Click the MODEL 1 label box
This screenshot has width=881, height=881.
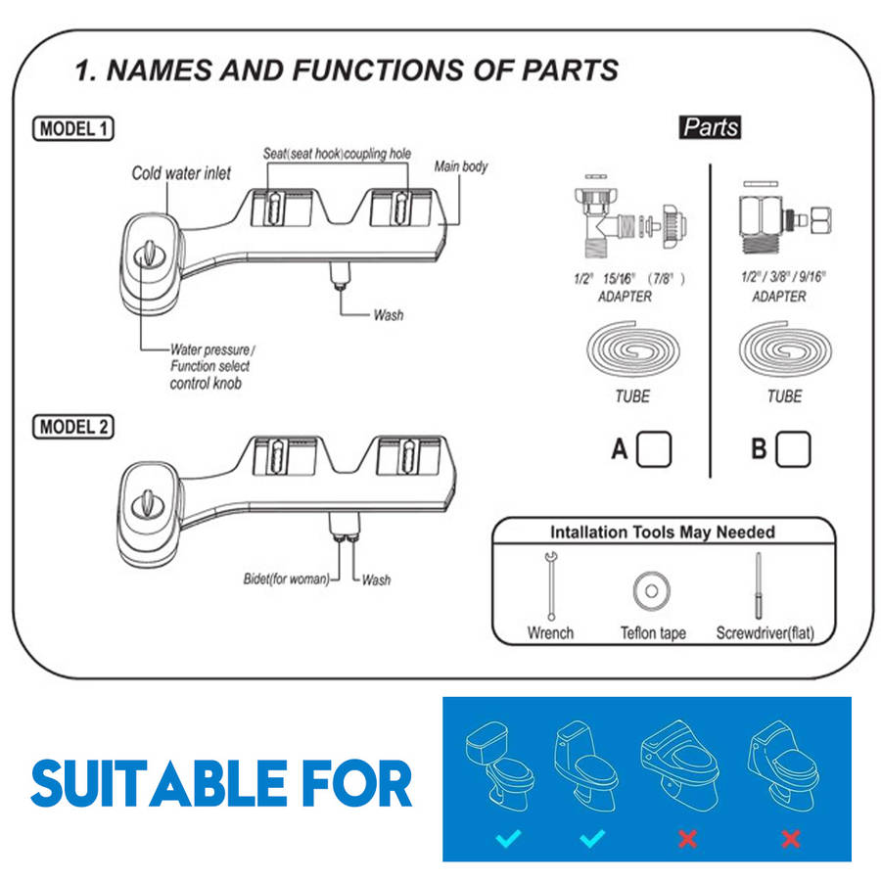pos(73,128)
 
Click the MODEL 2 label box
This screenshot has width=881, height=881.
pos(73,427)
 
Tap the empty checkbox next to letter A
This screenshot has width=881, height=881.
pos(654,449)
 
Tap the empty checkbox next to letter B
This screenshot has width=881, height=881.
pos(793,449)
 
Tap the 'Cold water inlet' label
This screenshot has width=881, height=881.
pos(182,173)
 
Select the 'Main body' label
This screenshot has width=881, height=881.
pos(461,166)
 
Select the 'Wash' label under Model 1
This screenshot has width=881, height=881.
pos(388,315)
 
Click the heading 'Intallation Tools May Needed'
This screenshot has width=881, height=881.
pos(663,533)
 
